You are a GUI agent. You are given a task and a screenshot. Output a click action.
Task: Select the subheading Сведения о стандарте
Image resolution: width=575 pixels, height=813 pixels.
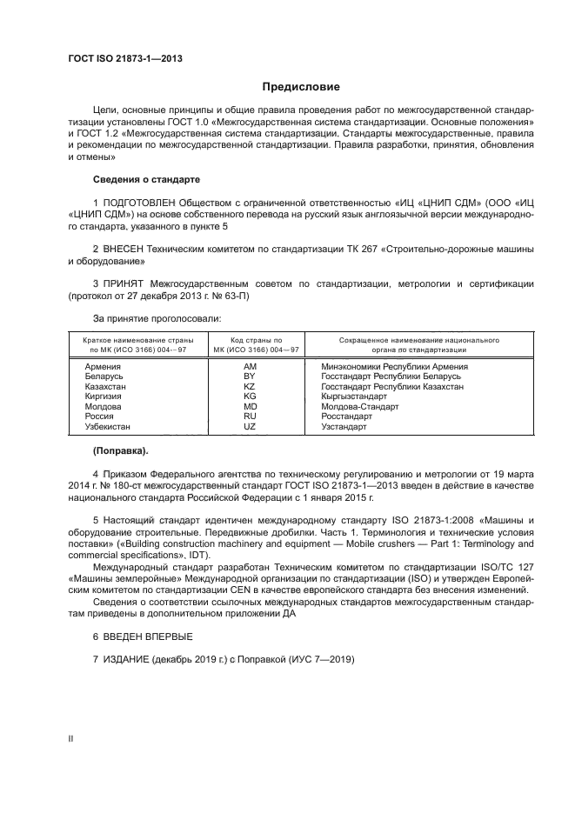click(147, 179)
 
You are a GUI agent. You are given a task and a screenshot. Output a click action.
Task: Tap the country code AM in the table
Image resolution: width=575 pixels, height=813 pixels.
click(250, 368)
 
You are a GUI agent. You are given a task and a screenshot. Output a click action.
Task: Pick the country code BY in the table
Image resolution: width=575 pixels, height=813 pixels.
click(250, 377)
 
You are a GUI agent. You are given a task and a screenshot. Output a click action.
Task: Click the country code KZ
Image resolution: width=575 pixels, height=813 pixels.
click(250, 387)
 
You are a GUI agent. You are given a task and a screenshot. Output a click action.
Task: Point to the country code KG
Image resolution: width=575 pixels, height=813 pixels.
click(250, 397)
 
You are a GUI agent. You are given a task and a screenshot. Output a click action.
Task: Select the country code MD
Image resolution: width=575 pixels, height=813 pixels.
click(250, 407)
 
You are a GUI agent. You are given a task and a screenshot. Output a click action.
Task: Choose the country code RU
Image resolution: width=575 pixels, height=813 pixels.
click(250, 416)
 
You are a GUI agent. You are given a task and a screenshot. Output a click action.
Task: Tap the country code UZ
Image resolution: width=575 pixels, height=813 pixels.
click(250, 427)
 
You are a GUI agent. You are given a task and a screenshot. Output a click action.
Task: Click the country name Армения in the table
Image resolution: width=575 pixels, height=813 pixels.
click(103, 368)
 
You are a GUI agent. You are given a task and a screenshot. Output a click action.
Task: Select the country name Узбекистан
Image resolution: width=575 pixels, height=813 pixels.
click(108, 427)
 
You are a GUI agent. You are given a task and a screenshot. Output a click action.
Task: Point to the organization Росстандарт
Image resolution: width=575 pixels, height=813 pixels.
click(346, 416)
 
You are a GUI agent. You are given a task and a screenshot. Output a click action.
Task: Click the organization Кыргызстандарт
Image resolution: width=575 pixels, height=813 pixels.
click(354, 397)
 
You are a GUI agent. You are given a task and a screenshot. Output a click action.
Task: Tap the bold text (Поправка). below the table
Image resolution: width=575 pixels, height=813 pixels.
click(121, 450)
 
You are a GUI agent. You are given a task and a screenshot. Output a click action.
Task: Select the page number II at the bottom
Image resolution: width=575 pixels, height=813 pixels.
click(71, 738)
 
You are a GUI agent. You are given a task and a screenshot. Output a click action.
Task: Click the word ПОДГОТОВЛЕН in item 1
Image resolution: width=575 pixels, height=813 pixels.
click(143, 203)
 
